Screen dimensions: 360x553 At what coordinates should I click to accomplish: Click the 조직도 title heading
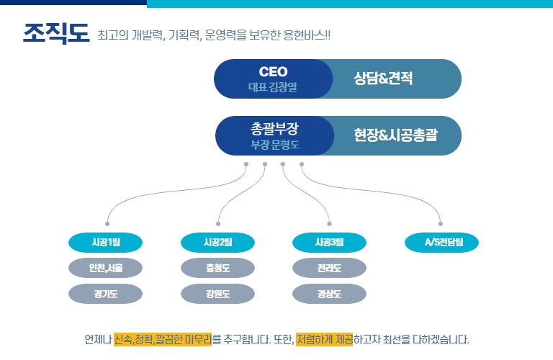pyautogui.click(x=55, y=34)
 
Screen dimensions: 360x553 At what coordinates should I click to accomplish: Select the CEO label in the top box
pyautogui.click(x=273, y=71)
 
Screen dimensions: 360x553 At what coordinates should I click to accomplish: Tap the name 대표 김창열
pyautogui.click(x=273, y=87)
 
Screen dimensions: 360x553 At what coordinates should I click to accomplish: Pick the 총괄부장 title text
pyautogui.click(x=274, y=129)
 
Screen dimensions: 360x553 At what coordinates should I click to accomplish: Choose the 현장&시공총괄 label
pyautogui.click(x=396, y=135)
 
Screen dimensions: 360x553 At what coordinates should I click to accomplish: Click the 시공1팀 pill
pyautogui.click(x=105, y=243)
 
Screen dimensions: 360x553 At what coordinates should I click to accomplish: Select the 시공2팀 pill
pyautogui.click(x=217, y=243)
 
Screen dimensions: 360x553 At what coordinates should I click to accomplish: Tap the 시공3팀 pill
pyautogui.click(x=329, y=243)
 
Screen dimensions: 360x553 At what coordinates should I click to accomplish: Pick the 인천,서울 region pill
pyautogui.click(x=105, y=269)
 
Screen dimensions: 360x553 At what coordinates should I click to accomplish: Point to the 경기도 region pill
pyautogui.click(x=105, y=294)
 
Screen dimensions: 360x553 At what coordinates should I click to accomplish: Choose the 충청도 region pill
pyautogui.click(x=217, y=269)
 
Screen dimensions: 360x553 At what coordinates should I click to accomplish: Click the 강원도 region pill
pyautogui.click(x=217, y=294)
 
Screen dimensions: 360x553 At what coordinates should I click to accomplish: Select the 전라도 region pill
pyautogui.click(x=329, y=269)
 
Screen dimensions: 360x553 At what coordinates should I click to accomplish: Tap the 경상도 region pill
pyautogui.click(x=329, y=294)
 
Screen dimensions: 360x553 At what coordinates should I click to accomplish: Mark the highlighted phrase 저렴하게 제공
pyautogui.click(x=323, y=338)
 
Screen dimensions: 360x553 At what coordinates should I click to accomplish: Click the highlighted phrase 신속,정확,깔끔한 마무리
pyautogui.click(x=163, y=338)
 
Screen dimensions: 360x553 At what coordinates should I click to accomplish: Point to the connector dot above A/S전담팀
pyautogui.click(x=441, y=224)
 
